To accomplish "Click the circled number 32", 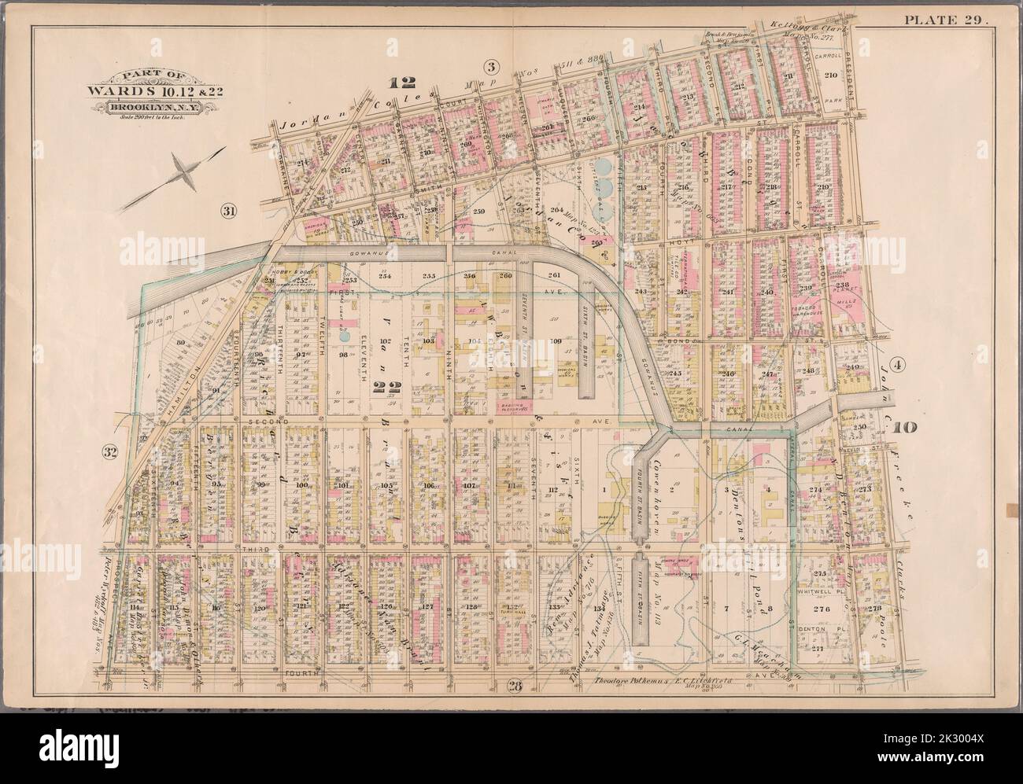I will click(109, 451).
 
